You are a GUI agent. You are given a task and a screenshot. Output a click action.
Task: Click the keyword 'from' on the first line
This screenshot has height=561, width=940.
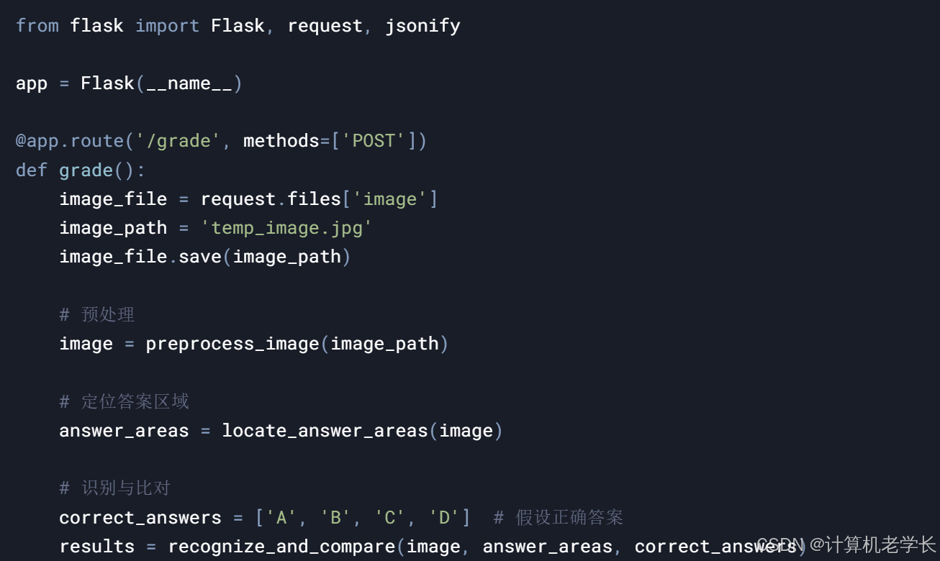(x=37, y=26)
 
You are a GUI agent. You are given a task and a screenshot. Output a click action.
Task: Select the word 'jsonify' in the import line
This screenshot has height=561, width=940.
(x=422, y=26)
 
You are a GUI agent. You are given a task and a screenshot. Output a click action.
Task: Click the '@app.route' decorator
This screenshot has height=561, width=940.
(x=69, y=141)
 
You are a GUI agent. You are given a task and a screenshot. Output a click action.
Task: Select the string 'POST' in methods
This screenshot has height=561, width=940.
(x=374, y=141)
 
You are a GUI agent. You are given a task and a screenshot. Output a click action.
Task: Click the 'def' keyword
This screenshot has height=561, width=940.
(x=31, y=170)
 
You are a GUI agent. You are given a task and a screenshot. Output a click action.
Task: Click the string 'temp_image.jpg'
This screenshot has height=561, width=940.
(x=286, y=228)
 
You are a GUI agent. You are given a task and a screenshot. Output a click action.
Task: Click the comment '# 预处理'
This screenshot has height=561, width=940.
(x=96, y=315)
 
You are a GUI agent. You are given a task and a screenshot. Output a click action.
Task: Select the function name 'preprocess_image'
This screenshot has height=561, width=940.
(x=232, y=344)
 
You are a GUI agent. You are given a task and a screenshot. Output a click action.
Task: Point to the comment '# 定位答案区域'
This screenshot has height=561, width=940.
(x=124, y=401)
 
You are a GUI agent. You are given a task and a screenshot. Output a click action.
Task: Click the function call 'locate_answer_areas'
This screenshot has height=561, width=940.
(x=325, y=431)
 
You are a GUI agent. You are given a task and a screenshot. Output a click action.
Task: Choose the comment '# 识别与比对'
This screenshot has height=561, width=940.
(x=114, y=488)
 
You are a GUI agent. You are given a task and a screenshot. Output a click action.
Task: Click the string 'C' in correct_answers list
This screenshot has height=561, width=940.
(x=389, y=517)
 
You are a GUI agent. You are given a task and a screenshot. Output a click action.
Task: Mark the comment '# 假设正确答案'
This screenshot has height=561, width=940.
(x=558, y=517)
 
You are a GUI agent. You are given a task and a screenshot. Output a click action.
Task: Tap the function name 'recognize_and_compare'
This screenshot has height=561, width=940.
(x=281, y=547)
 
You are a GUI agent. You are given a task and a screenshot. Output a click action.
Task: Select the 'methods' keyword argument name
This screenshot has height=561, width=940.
(x=281, y=141)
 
